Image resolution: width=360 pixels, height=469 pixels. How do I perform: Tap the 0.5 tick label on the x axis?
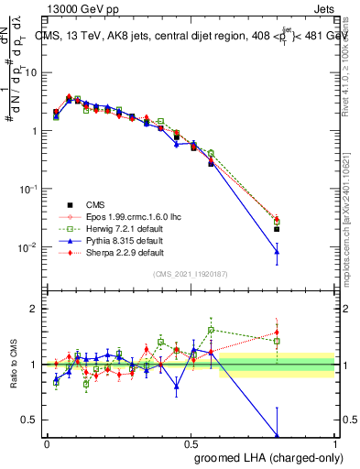191,442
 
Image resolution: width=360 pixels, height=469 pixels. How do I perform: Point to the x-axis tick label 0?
47,442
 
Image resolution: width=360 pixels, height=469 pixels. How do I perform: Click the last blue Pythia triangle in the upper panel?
277,252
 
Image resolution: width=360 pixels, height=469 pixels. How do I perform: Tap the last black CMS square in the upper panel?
277,229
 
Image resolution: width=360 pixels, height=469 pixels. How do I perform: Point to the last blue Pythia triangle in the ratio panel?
277,436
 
